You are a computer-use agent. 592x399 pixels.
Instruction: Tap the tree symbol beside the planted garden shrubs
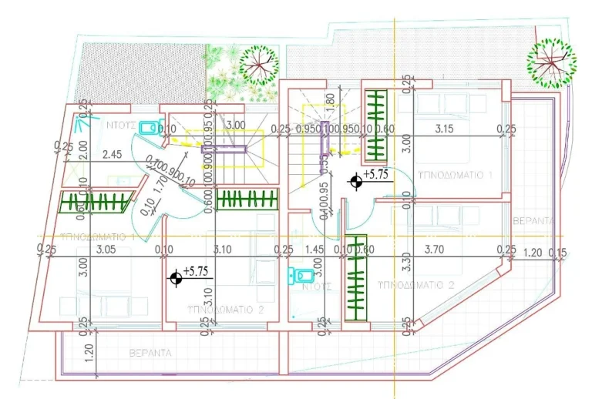pos(259,65)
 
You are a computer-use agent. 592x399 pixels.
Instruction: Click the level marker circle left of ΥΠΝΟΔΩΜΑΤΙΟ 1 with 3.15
pos(355,182)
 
